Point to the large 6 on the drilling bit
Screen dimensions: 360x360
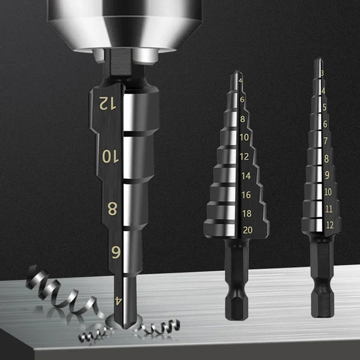(116, 252)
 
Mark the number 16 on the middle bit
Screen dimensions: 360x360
(246, 196)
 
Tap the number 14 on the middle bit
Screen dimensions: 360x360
(246, 175)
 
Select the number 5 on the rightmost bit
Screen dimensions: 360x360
(324, 107)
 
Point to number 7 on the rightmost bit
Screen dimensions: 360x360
(325, 142)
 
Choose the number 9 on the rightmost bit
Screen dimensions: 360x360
(327, 175)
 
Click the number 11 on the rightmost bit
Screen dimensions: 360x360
(328, 208)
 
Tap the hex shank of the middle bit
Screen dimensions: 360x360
(236, 285)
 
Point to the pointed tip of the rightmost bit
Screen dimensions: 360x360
(318, 60)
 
